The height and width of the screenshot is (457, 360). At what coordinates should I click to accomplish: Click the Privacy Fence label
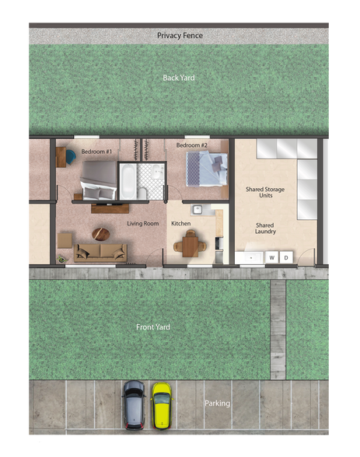tap(180, 36)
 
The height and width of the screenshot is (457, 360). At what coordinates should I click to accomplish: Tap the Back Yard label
tap(179, 78)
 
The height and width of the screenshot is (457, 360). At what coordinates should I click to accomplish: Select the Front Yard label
tap(152, 327)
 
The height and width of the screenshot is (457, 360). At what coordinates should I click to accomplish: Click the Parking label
tap(217, 403)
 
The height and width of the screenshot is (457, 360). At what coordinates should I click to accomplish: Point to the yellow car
tap(162, 405)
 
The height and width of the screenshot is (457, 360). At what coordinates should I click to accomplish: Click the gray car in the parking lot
tap(134, 404)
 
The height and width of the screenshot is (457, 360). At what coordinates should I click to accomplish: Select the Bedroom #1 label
tap(97, 151)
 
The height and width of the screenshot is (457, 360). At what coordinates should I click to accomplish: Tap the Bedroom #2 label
tap(191, 145)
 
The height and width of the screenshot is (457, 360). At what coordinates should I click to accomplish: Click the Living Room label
tap(143, 224)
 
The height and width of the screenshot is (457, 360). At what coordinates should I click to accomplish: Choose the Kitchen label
tap(181, 224)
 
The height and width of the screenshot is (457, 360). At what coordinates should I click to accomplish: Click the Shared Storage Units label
tap(265, 192)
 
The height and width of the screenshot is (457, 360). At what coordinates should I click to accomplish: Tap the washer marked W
tap(272, 257)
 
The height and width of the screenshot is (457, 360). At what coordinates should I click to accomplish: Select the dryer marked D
tap(286, 257)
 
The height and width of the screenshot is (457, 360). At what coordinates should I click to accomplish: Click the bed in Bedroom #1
tap(97, 180)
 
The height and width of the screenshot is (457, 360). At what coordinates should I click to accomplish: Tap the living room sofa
tap(101, 251)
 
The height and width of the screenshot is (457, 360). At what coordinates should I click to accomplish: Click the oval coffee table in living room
tap(100, 232)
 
